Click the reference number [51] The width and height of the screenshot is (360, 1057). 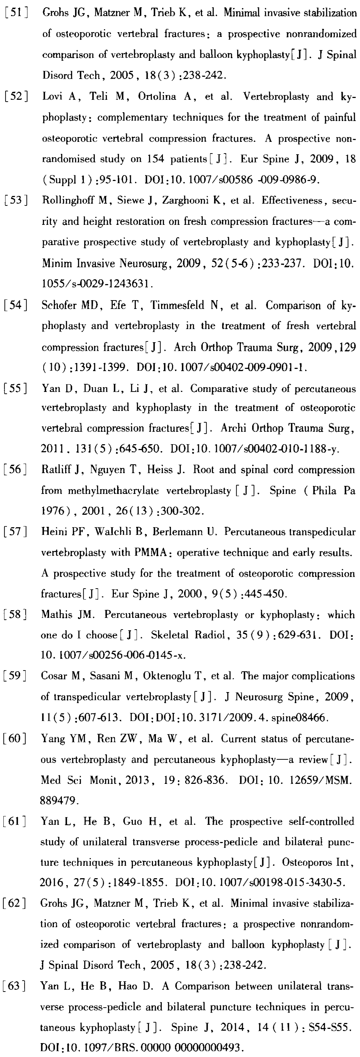16,12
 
